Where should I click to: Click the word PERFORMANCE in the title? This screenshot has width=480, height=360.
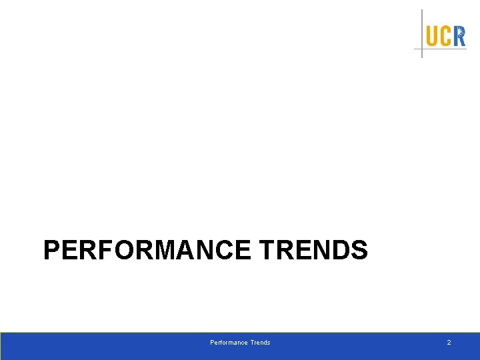point(147,251)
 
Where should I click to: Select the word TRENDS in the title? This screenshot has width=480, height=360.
point(313,251)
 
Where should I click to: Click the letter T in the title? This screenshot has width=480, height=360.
point(265,251)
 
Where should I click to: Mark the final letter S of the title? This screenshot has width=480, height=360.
point(359,251)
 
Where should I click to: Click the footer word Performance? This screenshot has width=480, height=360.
point(229,343)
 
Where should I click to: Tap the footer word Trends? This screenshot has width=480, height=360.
point(260,343)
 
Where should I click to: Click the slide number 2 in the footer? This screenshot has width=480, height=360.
point(449,343)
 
